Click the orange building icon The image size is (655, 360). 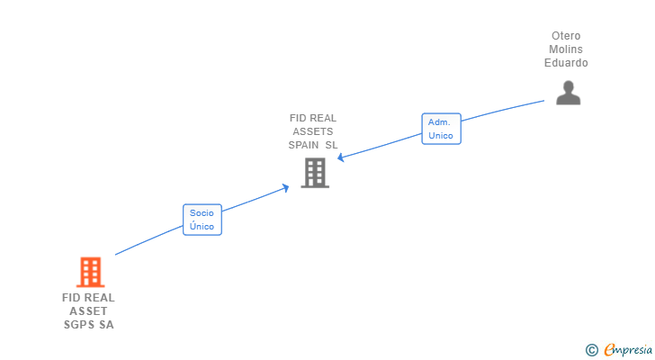(89, 272)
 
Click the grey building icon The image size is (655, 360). (314, 172)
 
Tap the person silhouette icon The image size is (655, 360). (568, 92)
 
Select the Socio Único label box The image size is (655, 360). (202, 220)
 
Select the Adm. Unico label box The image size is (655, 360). (441, 128)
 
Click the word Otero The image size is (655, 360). (566, 36)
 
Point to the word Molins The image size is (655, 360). (566, 49)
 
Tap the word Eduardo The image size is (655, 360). (566, 63)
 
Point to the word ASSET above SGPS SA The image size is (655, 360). (88, 310)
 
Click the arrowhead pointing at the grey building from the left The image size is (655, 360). (286, 187)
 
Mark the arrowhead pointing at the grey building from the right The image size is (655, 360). (341, 157)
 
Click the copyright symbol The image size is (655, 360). (591, 350)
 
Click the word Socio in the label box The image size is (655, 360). (202, 213)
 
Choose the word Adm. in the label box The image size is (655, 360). (440, 121)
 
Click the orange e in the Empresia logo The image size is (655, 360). (609, 350)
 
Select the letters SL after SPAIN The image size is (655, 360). (331, 144)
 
